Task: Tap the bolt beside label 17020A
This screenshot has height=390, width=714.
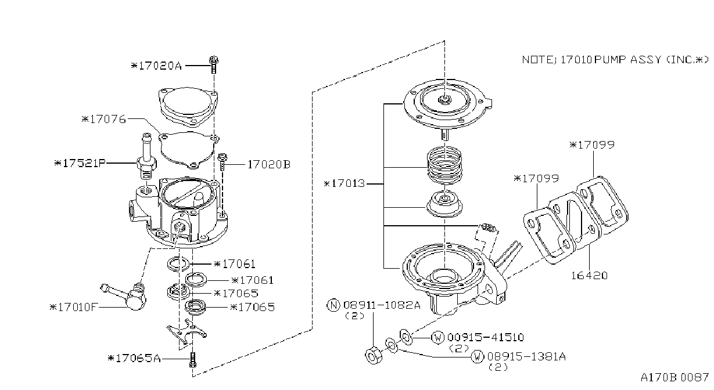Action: (214, 64)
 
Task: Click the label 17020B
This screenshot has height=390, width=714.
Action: (269, 165)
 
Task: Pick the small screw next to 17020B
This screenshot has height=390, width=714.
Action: (222, 161)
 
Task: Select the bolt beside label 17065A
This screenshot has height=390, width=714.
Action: (192, 360)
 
